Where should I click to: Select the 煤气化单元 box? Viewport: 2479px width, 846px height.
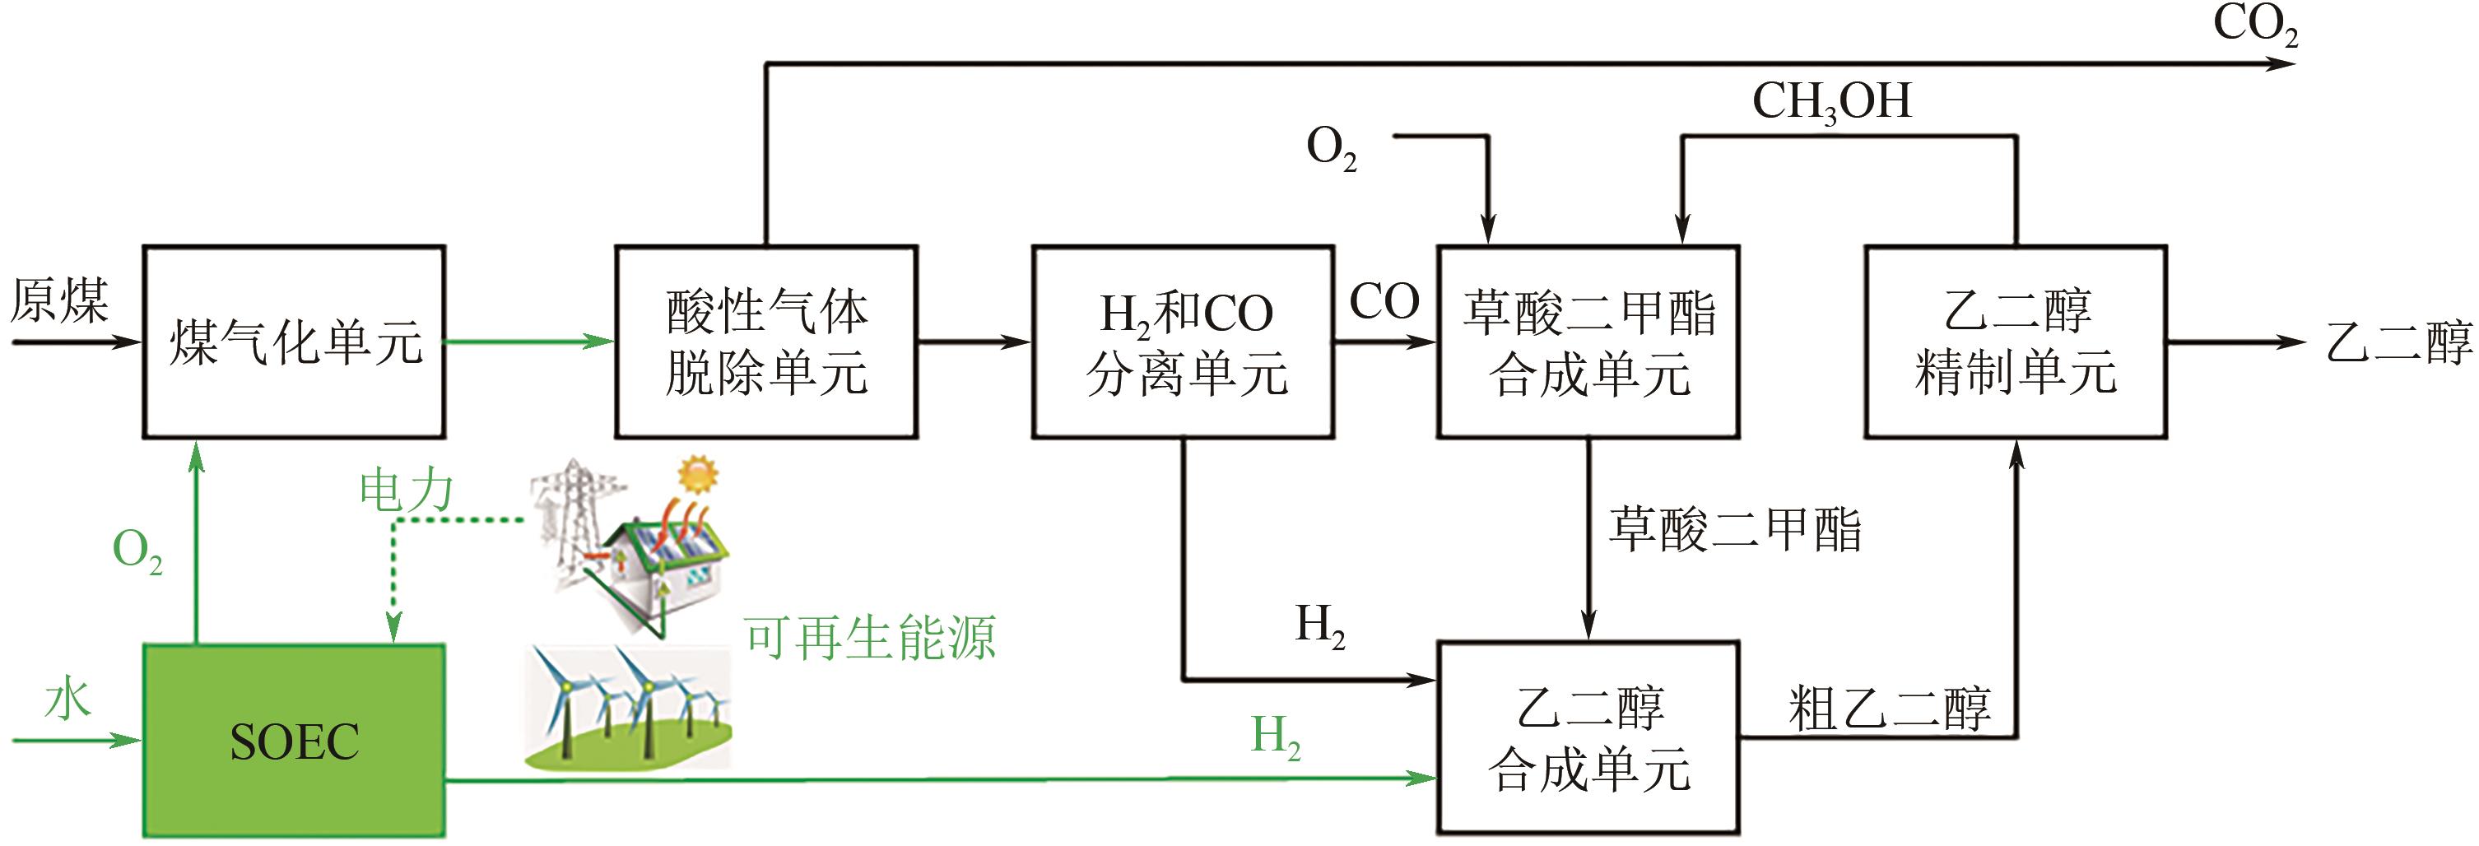(294, 342)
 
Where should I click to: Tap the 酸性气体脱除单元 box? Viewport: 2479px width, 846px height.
(766, 342)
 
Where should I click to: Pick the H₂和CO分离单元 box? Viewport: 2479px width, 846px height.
(1183, 342)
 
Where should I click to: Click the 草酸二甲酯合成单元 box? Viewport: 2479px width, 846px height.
(1588, 342)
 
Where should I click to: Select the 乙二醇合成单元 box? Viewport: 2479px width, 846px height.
(1588, 737)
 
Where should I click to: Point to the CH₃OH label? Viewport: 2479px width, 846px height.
(1830, 102)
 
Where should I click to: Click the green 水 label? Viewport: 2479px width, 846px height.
(67, 699)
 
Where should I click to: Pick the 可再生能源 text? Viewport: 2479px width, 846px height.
(870, 637)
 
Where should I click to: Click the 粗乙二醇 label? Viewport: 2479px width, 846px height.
(1888, 709)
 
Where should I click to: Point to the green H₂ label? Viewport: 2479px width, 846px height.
(1275, 737)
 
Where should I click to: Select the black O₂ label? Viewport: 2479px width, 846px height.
(1331, 150)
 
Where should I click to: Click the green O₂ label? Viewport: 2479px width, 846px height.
(137, 551)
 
